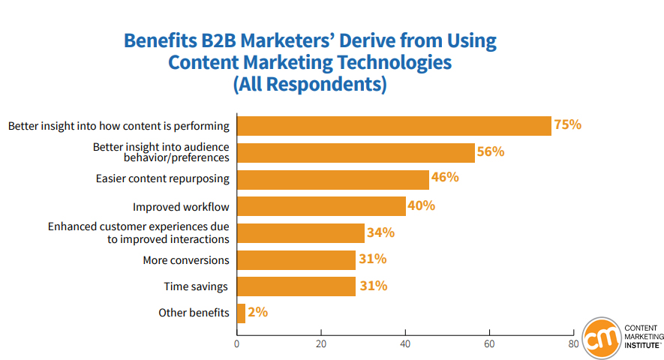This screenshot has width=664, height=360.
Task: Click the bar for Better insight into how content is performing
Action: point(394,125)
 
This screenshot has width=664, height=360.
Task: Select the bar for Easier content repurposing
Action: point(332,179)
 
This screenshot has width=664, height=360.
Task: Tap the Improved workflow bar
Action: point(321,206)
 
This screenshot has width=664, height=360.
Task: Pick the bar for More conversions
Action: point(296,259)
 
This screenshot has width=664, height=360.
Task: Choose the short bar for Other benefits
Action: point(241,313)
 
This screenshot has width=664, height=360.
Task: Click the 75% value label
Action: point(568,124)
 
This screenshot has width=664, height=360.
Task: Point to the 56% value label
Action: point(491,151)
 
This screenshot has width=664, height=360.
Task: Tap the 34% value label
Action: point(380,232)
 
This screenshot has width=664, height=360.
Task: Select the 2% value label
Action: point(257,313)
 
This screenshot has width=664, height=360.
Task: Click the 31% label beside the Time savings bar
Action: point(372,286)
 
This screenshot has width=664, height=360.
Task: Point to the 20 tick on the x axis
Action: point(321,344)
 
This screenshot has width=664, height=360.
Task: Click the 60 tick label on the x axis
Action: point(489,344)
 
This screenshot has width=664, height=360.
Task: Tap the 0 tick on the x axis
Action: point(237,344)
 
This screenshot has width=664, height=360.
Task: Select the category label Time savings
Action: point(196,286)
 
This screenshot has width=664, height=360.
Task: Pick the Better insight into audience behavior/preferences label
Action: point(161,152)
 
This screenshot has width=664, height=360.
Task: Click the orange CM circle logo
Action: point(601,338)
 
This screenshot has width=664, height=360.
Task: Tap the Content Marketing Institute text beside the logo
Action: point(641,337)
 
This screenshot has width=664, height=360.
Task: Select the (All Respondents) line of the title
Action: point(310,84)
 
